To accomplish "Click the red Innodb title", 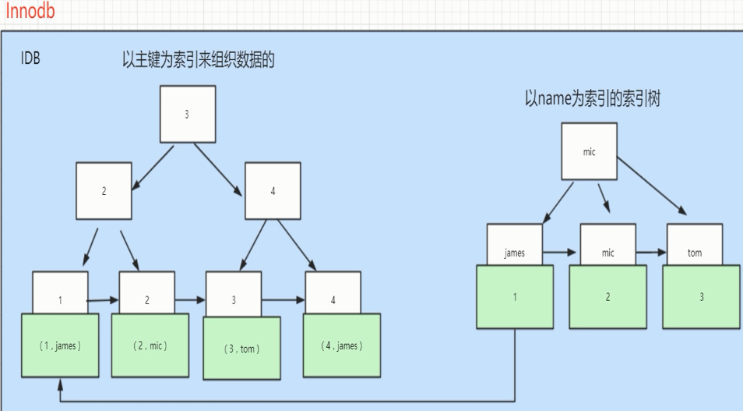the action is tap(30, 10).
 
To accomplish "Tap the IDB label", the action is tap(30, 58).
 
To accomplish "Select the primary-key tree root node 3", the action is tap(188, 114).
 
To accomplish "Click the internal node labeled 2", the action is tap(104, 191).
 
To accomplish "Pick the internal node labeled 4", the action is tap(273, 191).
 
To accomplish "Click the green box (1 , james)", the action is tap(60, 345).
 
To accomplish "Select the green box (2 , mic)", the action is tap(150, 345).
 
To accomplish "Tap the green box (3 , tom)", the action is tap(241, 349).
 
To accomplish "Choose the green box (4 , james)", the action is tap(342, 345).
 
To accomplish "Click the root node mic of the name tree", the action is tap(589, 151).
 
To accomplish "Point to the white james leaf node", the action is tap(515, 245).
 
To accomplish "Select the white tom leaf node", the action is tap(695, 245).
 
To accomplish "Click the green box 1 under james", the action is tap(515, 296).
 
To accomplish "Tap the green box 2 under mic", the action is tap(608, 296).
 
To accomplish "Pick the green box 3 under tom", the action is tap(701, 296).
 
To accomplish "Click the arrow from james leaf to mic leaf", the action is tap(559, 252).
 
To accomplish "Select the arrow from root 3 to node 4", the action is tap(218, 170).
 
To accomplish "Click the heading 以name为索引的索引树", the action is tap(593, 99).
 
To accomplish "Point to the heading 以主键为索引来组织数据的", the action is tap(199, 60).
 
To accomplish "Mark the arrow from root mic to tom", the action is tap(652, 186).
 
